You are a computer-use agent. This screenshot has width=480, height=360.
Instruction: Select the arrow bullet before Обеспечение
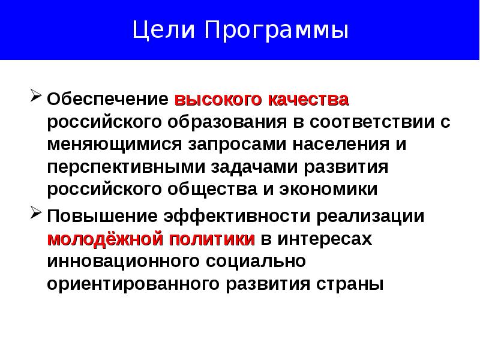tap(35, 97)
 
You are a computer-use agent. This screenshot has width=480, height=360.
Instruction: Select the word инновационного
tap(124, 262)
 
